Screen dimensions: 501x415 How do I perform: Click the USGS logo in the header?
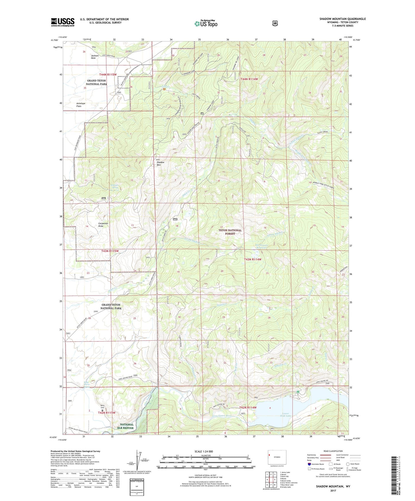tap(63, 22)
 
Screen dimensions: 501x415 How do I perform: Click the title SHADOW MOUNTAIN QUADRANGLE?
tap(342, 19)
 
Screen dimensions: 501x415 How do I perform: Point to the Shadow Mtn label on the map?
tap(161, 164)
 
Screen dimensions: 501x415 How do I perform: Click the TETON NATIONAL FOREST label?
tap(230, 232)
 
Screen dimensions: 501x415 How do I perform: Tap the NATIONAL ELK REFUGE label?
tap(127, 426)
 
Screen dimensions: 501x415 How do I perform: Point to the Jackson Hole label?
tap(95, 57)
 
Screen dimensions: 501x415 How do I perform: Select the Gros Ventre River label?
tap(222, 415)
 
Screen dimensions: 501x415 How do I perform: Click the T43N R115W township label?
tap(110, 251)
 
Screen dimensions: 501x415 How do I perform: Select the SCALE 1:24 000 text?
tap(204, 451)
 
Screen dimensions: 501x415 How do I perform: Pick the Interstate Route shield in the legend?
tap(309, 464)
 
